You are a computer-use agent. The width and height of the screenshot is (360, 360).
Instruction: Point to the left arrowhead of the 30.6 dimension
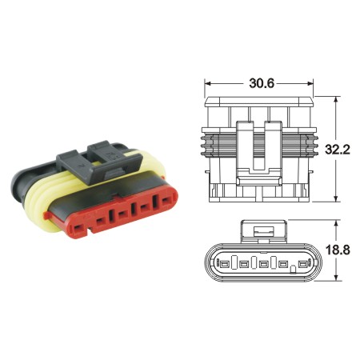207,82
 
